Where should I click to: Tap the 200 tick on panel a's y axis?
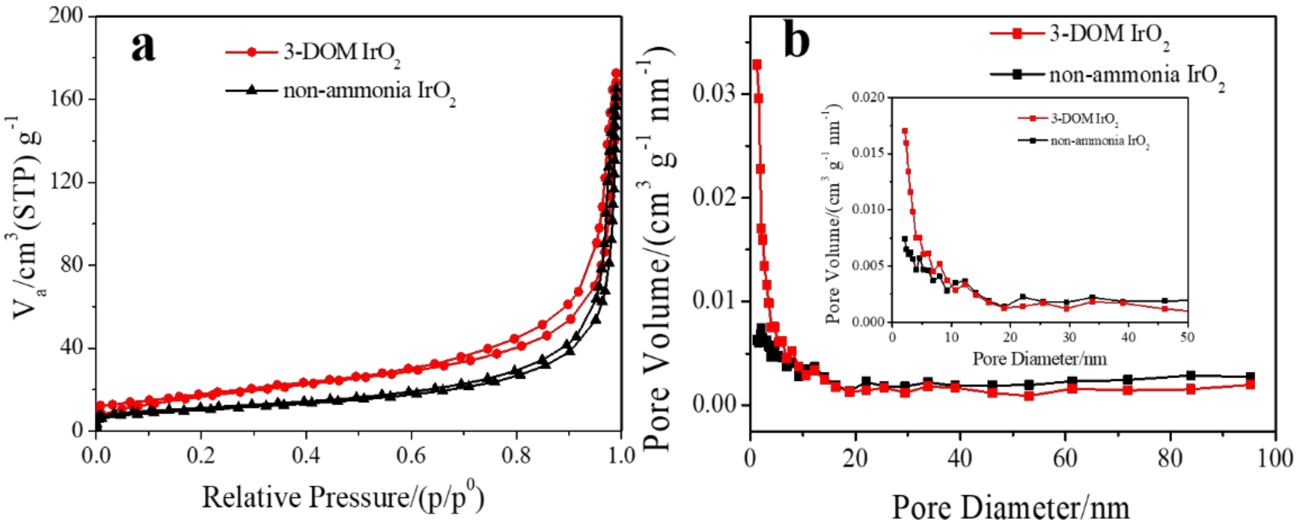click(x=65, y=16)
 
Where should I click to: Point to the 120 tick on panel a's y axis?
click(x=65, y=181)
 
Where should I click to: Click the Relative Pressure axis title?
click(x=343, y=498)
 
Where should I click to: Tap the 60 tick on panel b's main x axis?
click(x=1066, y=459)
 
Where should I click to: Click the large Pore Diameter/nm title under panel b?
click(x=1012, y=507)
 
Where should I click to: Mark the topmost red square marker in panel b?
click(x=757, y=64)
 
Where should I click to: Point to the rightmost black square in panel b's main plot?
click(x=1250, y=376)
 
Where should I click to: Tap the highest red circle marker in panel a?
click(x=616, y=73)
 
